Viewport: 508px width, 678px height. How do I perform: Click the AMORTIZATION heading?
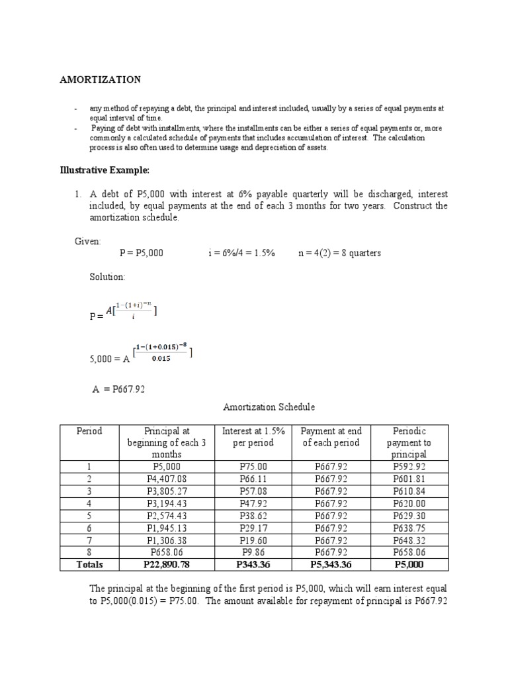pos(101,79)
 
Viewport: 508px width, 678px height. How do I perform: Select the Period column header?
pos(89,431)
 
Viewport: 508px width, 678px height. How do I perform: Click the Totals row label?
pos(89,565)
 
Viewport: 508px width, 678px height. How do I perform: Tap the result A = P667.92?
pos(118,389)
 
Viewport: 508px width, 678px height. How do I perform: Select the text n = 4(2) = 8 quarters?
pos(339,253)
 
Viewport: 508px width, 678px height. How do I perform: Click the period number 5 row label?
pos(89,516)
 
